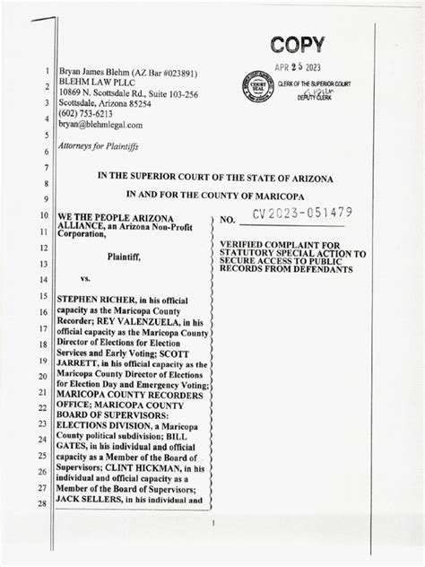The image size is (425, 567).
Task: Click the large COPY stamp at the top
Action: point(297,45)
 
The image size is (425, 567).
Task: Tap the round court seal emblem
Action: point(255,86)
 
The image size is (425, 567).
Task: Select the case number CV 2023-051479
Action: point(302,214)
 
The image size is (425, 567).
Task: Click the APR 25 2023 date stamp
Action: point(297,68)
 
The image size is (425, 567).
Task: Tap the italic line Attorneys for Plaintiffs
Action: point(100,145)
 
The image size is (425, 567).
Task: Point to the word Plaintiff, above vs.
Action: point(130,256)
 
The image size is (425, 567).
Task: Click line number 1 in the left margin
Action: point(46,71)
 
